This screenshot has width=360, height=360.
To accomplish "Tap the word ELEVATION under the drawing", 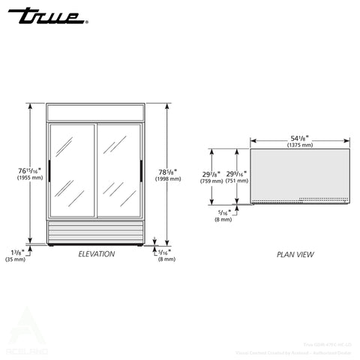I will (x=97, y=254).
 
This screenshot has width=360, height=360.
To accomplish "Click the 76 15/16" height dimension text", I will (x=31, y=171).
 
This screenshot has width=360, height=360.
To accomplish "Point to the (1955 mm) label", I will (x=31, y=178).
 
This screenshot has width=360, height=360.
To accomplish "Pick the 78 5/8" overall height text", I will (x=167, y=171).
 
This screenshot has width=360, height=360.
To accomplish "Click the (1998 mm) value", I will (x=167, y=179).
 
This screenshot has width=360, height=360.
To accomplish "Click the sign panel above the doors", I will (x=95, y=112).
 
